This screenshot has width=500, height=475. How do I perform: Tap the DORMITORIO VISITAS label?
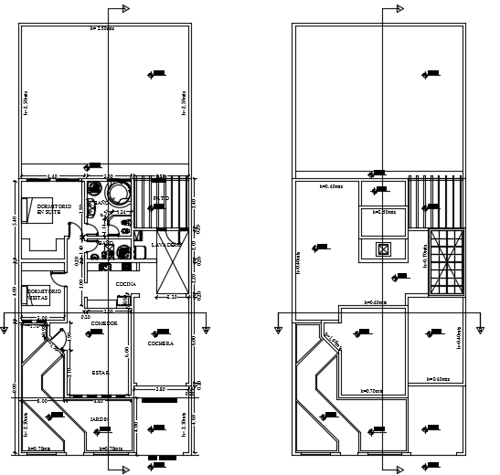(x=43, y=294)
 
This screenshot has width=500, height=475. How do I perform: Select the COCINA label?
(x=126, y=285)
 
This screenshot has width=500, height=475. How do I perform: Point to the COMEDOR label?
(x=104, y=322)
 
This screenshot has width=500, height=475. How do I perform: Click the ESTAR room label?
(x=100, y=373)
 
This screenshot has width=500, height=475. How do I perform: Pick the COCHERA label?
(x=161, y=343)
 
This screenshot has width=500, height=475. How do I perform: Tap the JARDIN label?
(x=100, y=418)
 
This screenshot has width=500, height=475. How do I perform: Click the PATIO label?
(x=161, y=197)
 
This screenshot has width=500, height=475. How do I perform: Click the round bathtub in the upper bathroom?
(x=118, y=192)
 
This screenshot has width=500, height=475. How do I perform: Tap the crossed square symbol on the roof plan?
(x=383, y=248)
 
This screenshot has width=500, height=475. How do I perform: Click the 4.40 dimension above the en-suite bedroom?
(x=53, y=176)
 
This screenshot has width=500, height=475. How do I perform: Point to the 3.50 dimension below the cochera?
(x=159, y=390)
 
